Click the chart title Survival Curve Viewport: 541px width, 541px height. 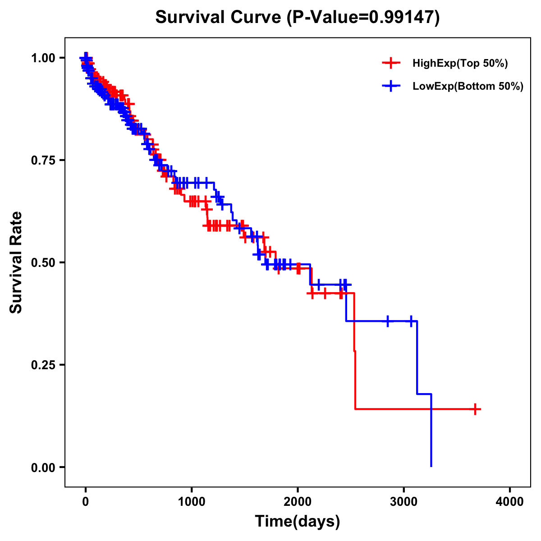(220, 17)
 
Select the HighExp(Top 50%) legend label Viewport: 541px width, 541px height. (460, 64)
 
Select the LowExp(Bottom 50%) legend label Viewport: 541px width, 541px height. (468, 87)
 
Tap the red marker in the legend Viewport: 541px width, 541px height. (391, 64)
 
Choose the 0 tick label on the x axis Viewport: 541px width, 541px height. (86, 502)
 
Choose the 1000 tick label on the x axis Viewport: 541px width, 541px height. (192, 502)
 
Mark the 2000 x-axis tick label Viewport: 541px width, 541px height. (298, 502)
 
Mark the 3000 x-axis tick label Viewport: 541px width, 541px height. (403, 502)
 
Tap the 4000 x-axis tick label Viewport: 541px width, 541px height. (510, 502)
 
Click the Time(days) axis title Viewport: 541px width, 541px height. (298, 522)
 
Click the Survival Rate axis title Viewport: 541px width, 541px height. (16, 262)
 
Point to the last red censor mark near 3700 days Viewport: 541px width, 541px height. (475, 409)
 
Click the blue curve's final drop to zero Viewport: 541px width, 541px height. (431, 433)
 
